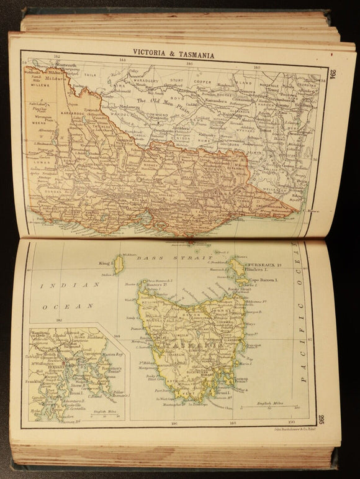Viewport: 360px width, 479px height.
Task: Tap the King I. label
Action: (x=104, y=265)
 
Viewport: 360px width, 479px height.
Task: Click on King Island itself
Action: (x=119, y=265)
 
